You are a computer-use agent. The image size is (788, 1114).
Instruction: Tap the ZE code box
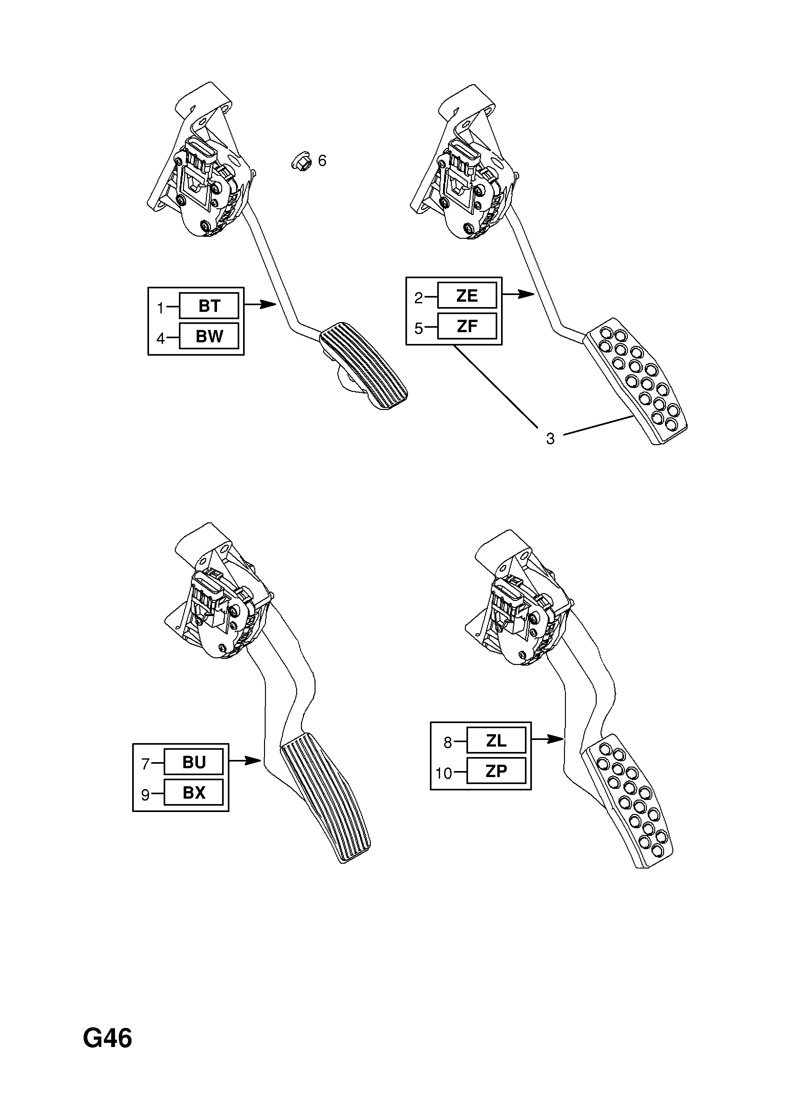point(467,295)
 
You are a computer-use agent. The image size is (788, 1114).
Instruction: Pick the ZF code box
point(467,325)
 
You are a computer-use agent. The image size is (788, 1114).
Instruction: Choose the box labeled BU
point(194,762)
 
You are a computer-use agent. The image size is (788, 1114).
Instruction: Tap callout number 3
point(550,439)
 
